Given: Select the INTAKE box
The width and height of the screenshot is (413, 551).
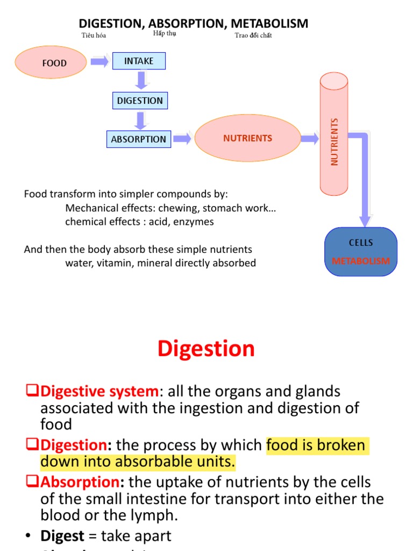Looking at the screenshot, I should point(139,61).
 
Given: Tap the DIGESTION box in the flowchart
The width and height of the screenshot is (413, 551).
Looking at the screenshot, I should point(140,101).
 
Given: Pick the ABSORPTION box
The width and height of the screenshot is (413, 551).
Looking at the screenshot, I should point(138,139).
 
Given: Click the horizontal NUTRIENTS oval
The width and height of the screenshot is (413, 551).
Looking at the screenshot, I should point(247,138).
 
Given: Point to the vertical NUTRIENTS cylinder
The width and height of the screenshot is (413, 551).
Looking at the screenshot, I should point(334,135).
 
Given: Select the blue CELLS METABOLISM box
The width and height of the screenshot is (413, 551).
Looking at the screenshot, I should point(361,252).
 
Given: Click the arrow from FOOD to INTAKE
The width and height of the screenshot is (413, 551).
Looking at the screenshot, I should point(99,62).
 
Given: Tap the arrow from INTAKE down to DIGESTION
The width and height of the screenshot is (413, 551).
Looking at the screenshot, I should point(141,80).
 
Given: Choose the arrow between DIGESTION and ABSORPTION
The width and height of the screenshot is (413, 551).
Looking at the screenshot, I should point(141,120).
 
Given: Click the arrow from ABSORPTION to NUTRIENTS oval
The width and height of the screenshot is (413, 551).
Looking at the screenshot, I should point(182,139).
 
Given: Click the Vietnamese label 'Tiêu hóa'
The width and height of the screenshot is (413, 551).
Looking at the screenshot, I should point(94,36).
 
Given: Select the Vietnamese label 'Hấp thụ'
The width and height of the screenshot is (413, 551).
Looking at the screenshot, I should point(165,33).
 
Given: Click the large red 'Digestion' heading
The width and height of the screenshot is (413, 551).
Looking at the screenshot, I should point(206,349).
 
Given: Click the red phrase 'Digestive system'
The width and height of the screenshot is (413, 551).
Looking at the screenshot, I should point(100,391).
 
